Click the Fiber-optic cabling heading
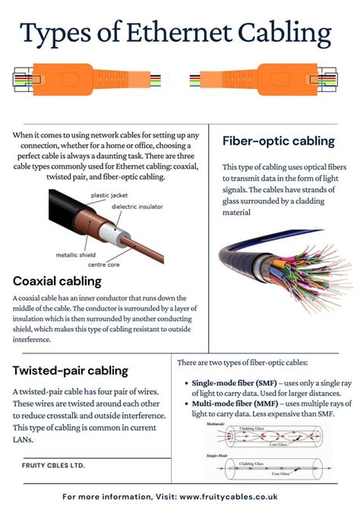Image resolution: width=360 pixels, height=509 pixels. [x=278, y=141]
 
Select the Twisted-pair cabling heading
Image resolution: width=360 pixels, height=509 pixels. [x=71, y=371]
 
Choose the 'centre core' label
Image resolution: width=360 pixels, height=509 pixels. [x=105, y=266]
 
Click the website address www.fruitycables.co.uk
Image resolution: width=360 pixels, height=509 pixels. [x=254, y=497]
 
